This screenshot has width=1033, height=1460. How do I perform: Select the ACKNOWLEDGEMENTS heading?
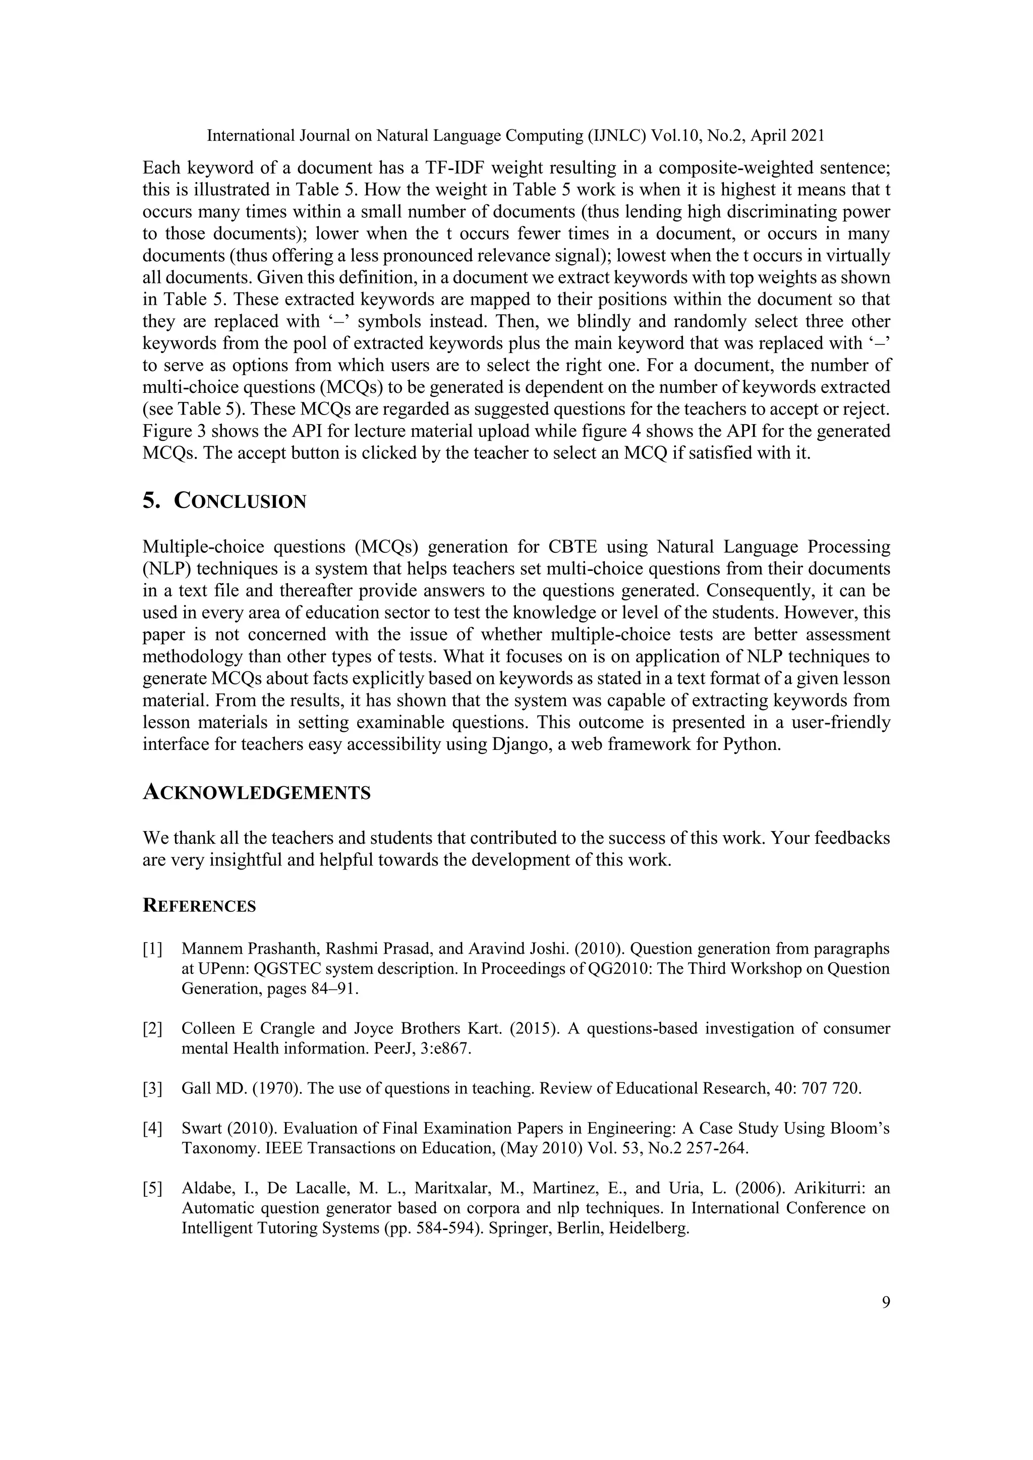[256, 793]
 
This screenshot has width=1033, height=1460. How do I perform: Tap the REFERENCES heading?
[199, 906]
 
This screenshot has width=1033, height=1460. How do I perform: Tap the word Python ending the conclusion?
[751, 745]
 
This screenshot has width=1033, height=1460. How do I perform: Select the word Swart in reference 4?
[202, 1129]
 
